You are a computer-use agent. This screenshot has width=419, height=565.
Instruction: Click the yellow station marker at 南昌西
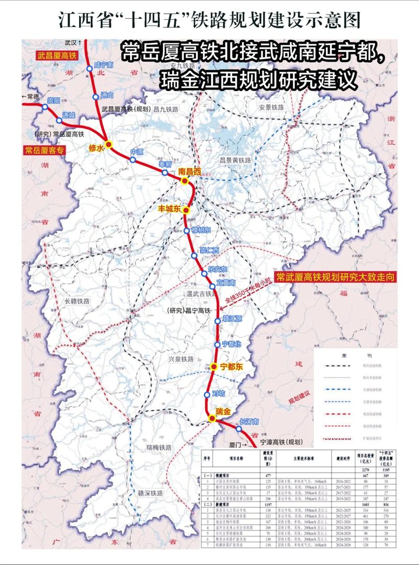tap(184, 181)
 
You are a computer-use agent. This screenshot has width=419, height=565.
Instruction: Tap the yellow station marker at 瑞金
tap(212, 418)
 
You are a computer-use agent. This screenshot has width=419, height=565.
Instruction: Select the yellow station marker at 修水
tap(109, 144)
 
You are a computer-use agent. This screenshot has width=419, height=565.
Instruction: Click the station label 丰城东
tap(169, 209)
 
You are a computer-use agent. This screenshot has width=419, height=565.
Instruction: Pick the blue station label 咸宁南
tap(104, 65)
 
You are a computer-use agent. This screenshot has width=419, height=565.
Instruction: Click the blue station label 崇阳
tap(53, 99)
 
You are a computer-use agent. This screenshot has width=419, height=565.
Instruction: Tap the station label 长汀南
tap(249, 422)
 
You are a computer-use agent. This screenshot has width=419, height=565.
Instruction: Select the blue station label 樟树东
tap(200, 231)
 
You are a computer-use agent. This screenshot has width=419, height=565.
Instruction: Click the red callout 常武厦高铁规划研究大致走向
tap(335, 276)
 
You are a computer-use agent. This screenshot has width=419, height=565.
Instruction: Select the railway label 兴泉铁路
tap(181, 359)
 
